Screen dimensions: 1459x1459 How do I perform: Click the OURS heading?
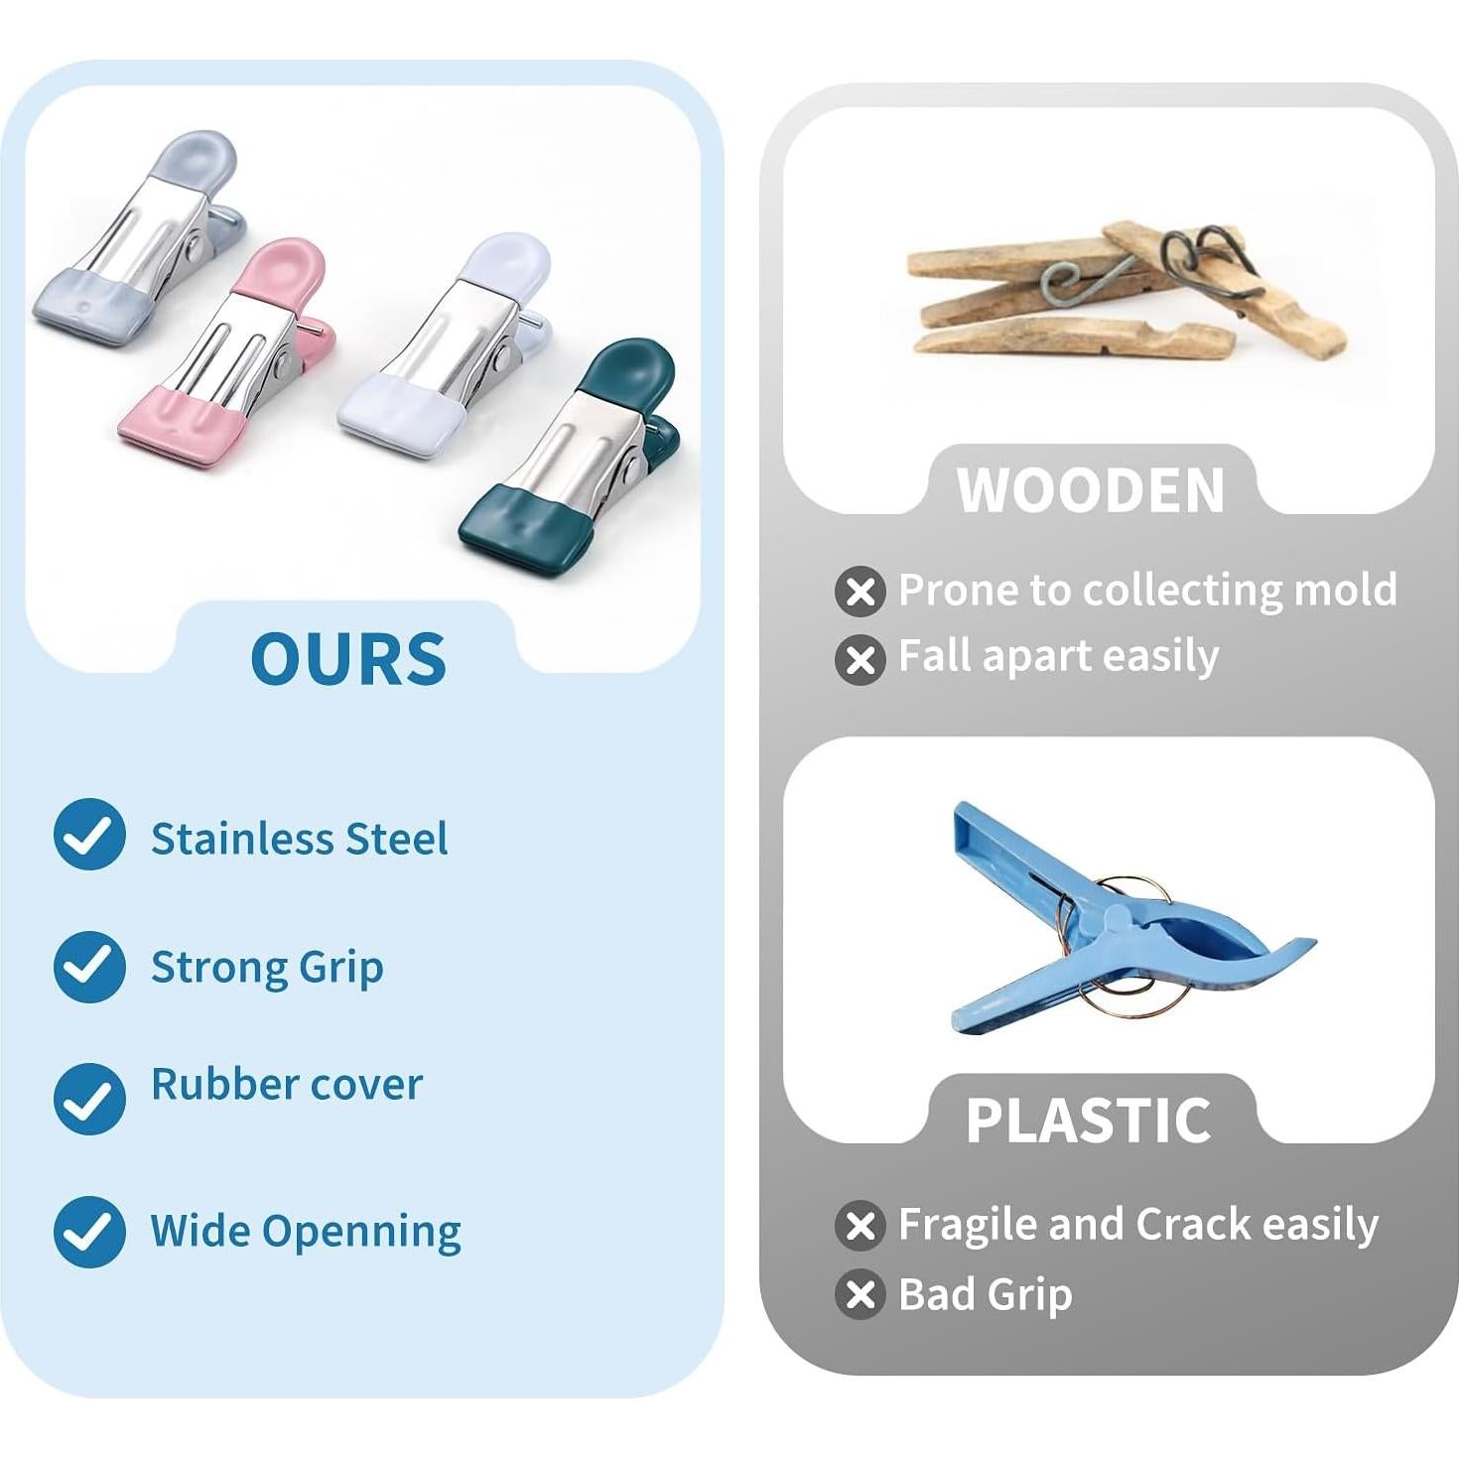coord(347,659)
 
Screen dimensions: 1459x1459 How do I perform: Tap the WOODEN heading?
coord(1090,490)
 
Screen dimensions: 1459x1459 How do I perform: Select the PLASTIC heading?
coord(1089,1120)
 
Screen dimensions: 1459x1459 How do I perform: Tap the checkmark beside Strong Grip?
coord(89,967)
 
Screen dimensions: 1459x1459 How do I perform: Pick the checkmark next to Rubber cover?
coord(89,1099)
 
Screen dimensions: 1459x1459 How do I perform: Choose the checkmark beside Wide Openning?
coord(89,1232)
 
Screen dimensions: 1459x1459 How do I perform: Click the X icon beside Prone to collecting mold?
coord(861,592)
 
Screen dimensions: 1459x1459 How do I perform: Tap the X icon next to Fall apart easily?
coord(861,659)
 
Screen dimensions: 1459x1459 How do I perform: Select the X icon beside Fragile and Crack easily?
coord(861,1226)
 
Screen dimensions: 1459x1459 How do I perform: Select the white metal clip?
coord(447,344)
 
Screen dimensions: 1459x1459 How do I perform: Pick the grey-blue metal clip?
coord(140,238)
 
